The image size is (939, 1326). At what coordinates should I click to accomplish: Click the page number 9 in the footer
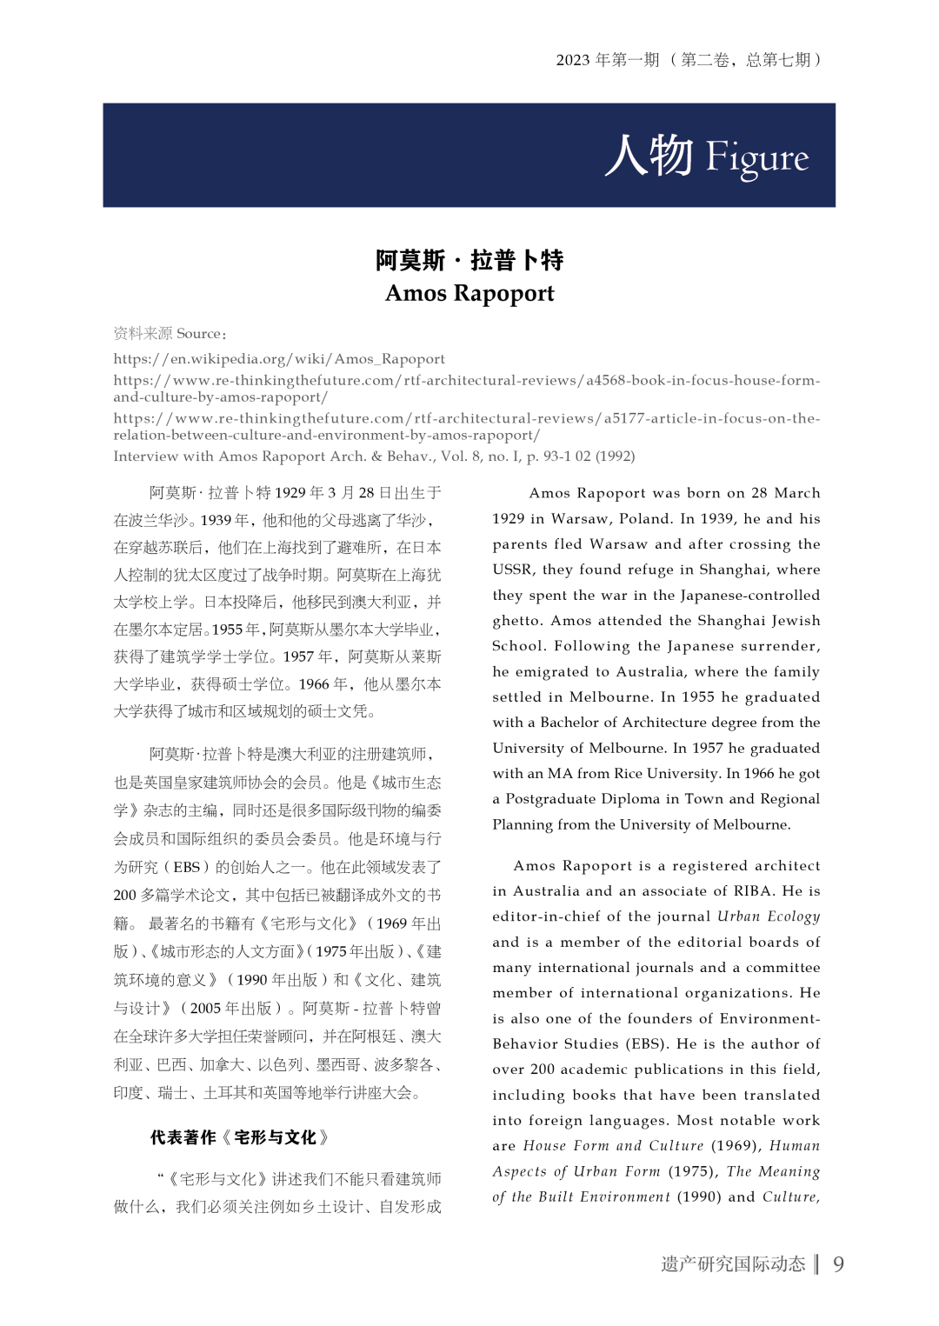[838, 1263]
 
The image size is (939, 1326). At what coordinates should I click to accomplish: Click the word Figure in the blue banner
[756, 157]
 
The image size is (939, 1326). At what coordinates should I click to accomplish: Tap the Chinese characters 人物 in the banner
[649, 156]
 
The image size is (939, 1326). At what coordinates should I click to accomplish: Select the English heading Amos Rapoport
[469, 293]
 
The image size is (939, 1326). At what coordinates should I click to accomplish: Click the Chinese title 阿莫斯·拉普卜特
[469, 260]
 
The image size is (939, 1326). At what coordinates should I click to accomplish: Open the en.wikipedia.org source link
[279, 359]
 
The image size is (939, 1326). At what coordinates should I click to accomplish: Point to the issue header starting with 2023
[689, 60]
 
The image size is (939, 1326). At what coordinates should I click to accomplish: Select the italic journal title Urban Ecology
[769, 916]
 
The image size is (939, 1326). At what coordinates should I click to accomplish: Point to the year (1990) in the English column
[699, 1197]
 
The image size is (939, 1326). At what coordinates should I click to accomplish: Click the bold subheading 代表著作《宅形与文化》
[240, 1137]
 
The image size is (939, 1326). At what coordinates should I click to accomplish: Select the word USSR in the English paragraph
[512, 570]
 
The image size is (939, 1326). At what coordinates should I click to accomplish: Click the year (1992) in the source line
[615, 456]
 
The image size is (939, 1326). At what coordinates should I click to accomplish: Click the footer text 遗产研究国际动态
[733, 1263]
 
